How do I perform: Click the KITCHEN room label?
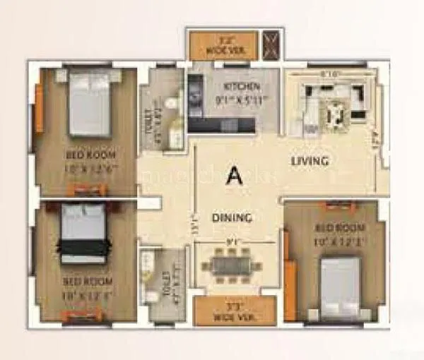click(x=233, y=86)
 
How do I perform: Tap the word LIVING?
click(x=310, y=161)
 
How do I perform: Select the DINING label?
click(x=232, y=218)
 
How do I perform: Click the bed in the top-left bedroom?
click(x=90, y=104)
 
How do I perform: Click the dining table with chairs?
click(x=231, y=266)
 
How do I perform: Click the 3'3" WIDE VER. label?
click(x=225, y=312)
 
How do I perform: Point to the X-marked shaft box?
click(x=271, y=44)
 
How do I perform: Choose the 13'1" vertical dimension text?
click(x=192, y=224)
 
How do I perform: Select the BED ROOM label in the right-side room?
click(x=340, y=228)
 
